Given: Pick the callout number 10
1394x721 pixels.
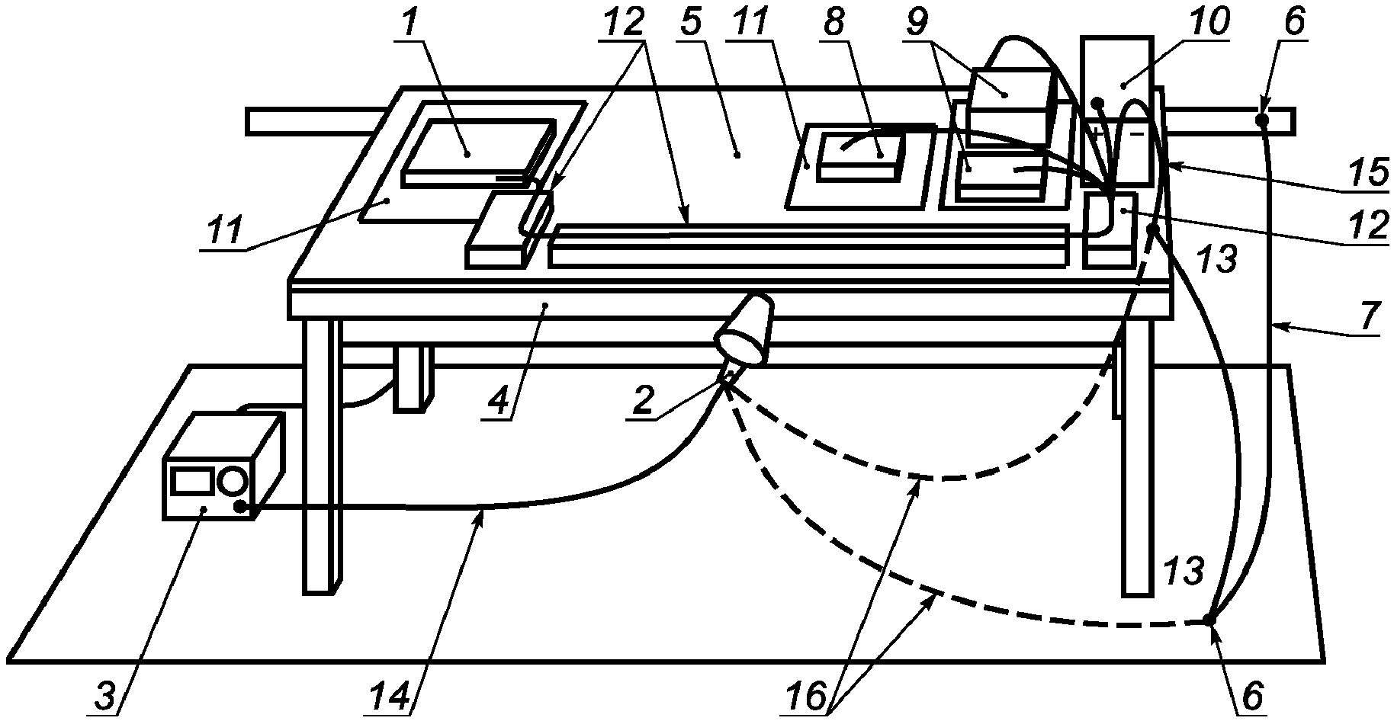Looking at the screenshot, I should tap(1209, 23).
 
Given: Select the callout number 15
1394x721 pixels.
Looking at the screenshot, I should tap(1370, 174).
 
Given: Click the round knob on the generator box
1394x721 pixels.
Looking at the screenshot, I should tap(233, 481).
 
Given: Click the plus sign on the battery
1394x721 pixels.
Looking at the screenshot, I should tap(1097, 134).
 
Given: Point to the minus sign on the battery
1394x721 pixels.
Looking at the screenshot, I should tap(1136, 134).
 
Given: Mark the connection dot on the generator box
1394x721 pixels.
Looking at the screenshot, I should tap(241, 507).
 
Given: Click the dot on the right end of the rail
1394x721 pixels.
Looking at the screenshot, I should tap(1263, 120).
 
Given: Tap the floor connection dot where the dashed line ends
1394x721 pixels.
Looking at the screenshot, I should tap(1209, 619).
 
